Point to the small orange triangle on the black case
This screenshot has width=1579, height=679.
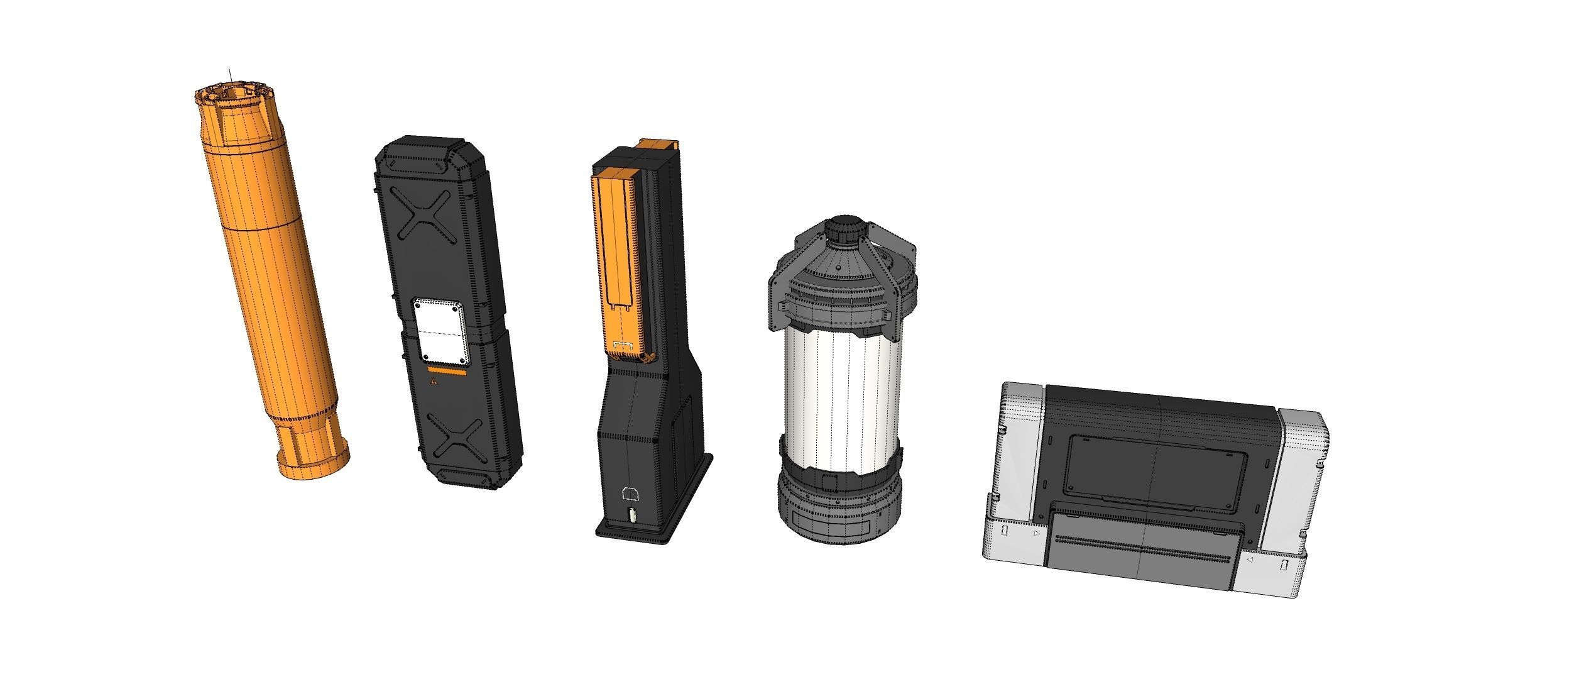tap(432, 381)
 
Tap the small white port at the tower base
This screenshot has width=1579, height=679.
tap(631, 517)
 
